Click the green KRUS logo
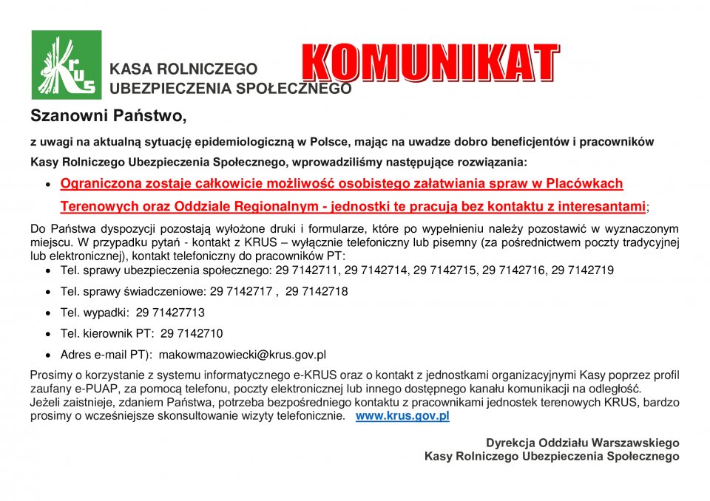(67, 65)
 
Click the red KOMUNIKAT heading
(430, 63)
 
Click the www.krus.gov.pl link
(402, 416)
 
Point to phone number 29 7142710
(192, 333)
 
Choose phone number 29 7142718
(317, 292)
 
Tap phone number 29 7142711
(306, 270)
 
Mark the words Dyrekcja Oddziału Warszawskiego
(582, 443)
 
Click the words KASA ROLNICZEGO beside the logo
(183, 69)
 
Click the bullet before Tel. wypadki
(49, 313)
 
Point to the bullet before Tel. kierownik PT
(49, 334)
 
